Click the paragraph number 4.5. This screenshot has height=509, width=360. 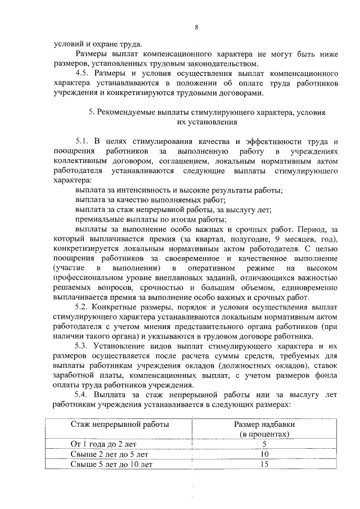pyautogui.click(x=83, y=74)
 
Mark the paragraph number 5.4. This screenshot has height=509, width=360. pyautogui.click(x=83, y=394)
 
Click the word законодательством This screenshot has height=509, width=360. pyautogui.click(x=220, y=64)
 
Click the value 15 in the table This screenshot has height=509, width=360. pyautogui.click(x=264, y=464)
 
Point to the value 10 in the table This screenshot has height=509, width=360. pyautogui.click(x=264, y=454)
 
